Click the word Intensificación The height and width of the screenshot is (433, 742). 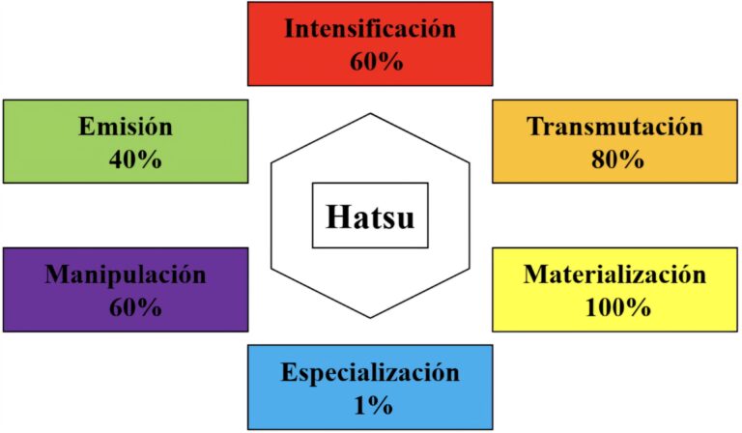pos(370,28)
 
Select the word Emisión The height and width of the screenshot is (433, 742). pos(126,127)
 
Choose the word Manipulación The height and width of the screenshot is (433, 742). pos(126,274)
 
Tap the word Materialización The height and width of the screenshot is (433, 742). pos(615,274)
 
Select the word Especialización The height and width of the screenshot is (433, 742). pos(370,372)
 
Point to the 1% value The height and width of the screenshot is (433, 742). pos(370,405)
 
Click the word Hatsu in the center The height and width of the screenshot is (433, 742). pos(370,216)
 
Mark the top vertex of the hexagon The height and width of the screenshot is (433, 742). pos(370,113)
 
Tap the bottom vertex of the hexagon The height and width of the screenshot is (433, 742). pos(370,318)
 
